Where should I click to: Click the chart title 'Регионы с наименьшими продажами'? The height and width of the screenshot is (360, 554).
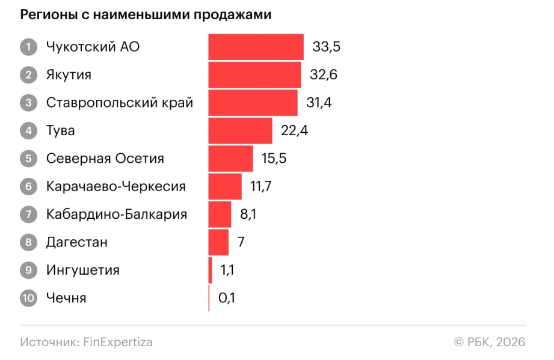[146, 16]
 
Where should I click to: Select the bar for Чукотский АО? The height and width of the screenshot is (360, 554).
[256, 47]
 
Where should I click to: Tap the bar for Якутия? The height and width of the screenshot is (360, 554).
[254, 75]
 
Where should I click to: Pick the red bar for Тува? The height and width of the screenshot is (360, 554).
[240, 130]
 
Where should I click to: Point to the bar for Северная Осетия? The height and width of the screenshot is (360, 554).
[230, 159]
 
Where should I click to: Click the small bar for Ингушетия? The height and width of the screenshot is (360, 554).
[210, 270]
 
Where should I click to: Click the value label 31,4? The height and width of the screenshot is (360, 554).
[319, 103]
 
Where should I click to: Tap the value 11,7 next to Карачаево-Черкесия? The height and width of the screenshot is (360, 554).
[261, 186]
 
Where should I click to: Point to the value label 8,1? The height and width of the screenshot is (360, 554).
[247, 215]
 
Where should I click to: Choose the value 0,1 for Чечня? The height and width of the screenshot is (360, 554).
[226, 298]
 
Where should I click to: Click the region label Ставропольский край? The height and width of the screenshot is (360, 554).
[119, 103]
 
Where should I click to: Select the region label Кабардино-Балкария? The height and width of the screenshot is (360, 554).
[116, 215]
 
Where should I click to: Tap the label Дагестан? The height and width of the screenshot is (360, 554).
[76, 242]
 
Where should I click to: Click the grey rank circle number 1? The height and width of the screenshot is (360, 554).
[28, 47]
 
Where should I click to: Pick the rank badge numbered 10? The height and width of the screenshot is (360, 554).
[28, 298]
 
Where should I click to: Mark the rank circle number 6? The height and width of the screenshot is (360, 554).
[28, 186]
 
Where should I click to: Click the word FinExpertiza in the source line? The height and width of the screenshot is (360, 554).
[118, 342]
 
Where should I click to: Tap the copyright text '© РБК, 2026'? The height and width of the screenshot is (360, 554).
[490, 342]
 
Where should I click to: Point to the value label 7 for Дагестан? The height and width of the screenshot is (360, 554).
[241, 242]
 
